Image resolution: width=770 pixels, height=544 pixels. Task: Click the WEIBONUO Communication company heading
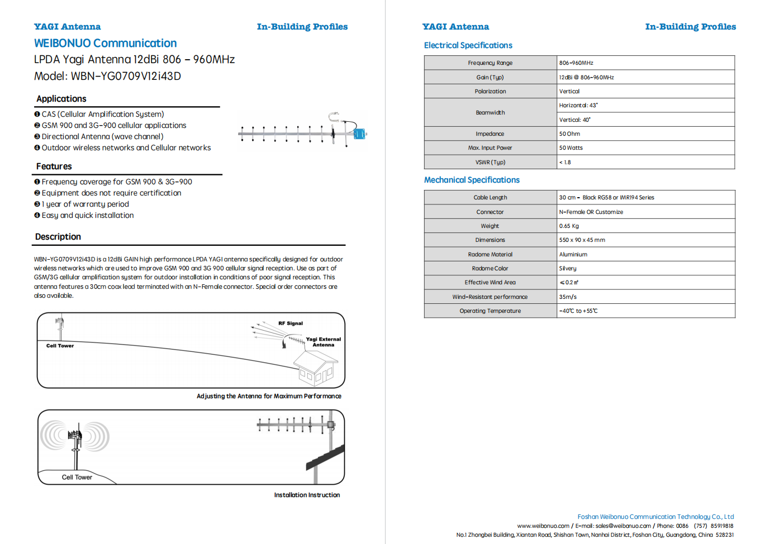pyautogui.click(x=105, y=44)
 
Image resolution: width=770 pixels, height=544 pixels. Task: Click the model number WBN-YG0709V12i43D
pyautogui.click(x=126, y=77)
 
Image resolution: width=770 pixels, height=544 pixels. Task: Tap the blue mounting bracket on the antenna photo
pyautogui.click(x=359, y=134)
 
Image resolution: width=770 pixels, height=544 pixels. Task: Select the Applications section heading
pyautogui.click(x=61, y=99)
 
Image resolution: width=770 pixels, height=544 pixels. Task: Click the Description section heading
pyautogui.click(x=58, y=237)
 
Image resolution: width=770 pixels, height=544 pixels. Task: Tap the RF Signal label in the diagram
pyautogui.click(x=291, y=323)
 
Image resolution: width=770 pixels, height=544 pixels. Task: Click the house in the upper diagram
pyautogui.click(x=315, y=369)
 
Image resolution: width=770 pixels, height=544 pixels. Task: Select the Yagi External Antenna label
pyautogui.click(x=323, y=342)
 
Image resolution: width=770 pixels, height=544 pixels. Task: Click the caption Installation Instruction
pyautogui.click(x=307, y=495)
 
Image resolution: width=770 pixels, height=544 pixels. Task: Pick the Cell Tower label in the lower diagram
pyautogui.click(x=77, y=478)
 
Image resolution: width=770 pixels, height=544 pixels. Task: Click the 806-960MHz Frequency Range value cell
pyautogui.click(x=576, y=63)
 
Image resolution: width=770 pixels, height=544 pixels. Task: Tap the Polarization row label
pyautogui.click(x=490, y=92)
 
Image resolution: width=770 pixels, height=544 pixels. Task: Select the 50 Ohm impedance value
pyautogui.click(x=569, y=134)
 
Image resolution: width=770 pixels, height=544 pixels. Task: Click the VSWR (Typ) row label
pyautogui.click(x=490, y=163)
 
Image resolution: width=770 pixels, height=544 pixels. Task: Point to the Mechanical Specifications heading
pyautogui.click(x=472, y=180)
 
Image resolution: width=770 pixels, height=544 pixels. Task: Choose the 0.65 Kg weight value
pyautogui.click(x=569, y=226)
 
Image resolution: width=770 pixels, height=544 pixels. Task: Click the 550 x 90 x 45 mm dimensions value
pyautogui.click(x=582, y=240)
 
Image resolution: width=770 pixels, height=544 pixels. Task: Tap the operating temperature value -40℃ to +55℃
pyautogui.click(x=578, y=311)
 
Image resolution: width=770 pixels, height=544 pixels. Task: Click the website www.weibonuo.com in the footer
pyautogui.click(x=543, y=526)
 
